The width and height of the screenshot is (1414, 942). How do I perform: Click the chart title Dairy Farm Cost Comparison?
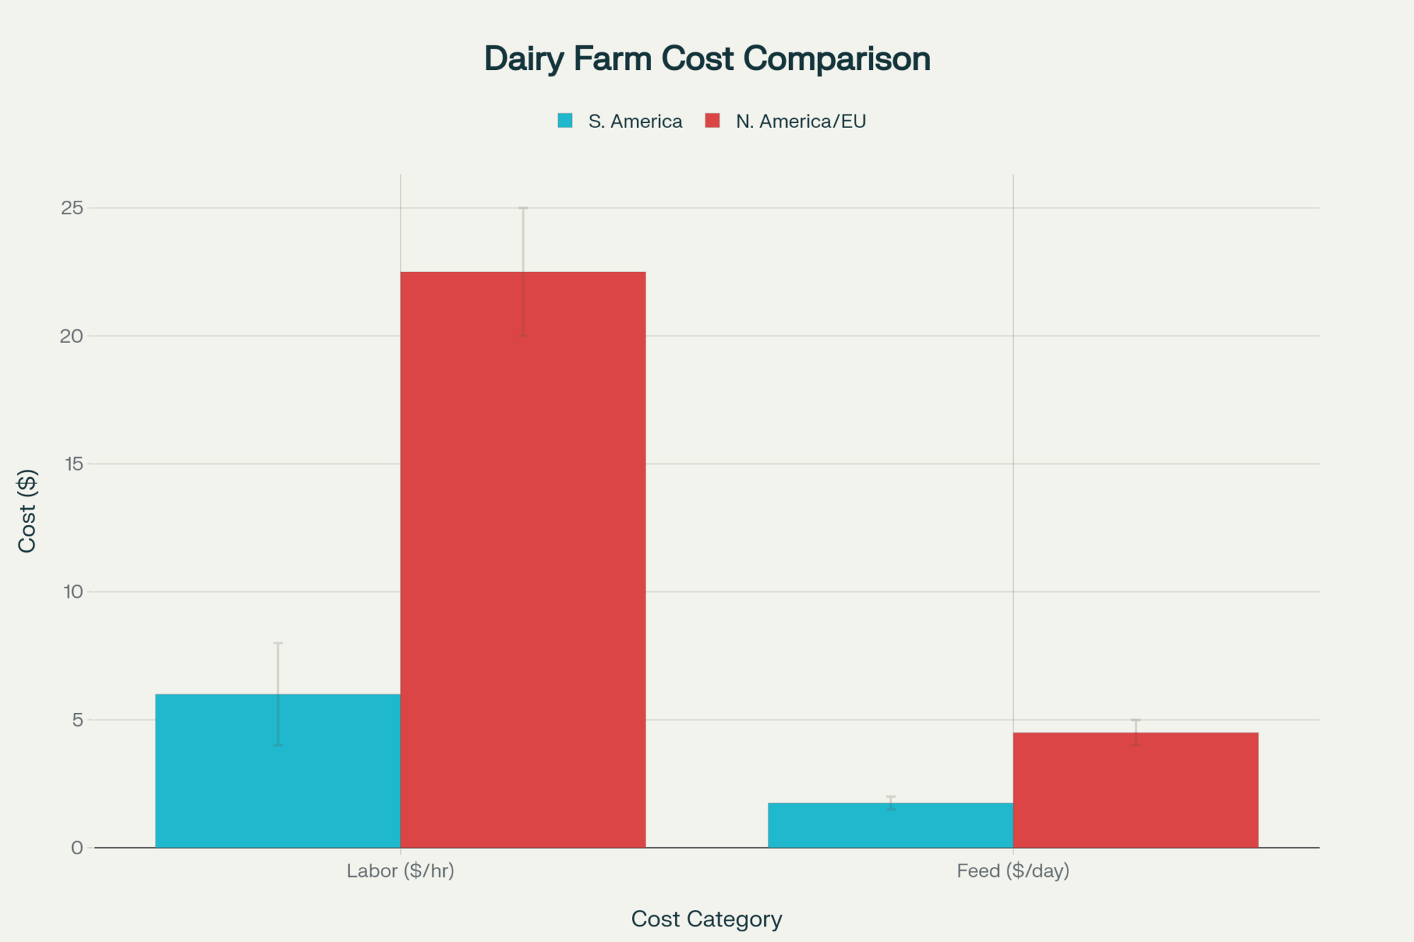click(x=707, y=59)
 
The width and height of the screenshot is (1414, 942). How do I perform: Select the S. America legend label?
click(x=635, y=122)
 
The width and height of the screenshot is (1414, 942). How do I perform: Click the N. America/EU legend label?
click(x=800, y=122)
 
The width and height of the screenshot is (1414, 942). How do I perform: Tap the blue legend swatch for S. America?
click(x=565, y=121)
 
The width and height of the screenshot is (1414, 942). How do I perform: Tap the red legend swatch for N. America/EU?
click(x=713, y=121)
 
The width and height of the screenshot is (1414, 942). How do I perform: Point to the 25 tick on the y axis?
click(x=72, y=208)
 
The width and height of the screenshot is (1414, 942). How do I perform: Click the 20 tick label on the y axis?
click(x=72, y=336)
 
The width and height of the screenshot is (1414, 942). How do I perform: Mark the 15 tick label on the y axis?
click(x=74, y=464)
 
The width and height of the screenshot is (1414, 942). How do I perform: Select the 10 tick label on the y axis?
click(x=74, y=592)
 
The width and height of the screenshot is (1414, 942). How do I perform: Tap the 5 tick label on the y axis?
click(x=77, y=720)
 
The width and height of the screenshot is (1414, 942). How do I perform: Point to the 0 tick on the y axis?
click(x=77, y=848)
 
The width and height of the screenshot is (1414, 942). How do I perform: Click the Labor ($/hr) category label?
click(x=400, y=871)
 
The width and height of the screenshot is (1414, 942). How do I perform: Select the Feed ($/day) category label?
click(x=1012, y=871)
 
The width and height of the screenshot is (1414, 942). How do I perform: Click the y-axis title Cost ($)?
click(x=27, y=510)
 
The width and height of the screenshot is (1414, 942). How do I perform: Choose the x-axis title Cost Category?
click(x=706, y=919)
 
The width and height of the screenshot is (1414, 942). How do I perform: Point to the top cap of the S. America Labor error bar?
click(x=278, y=643)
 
